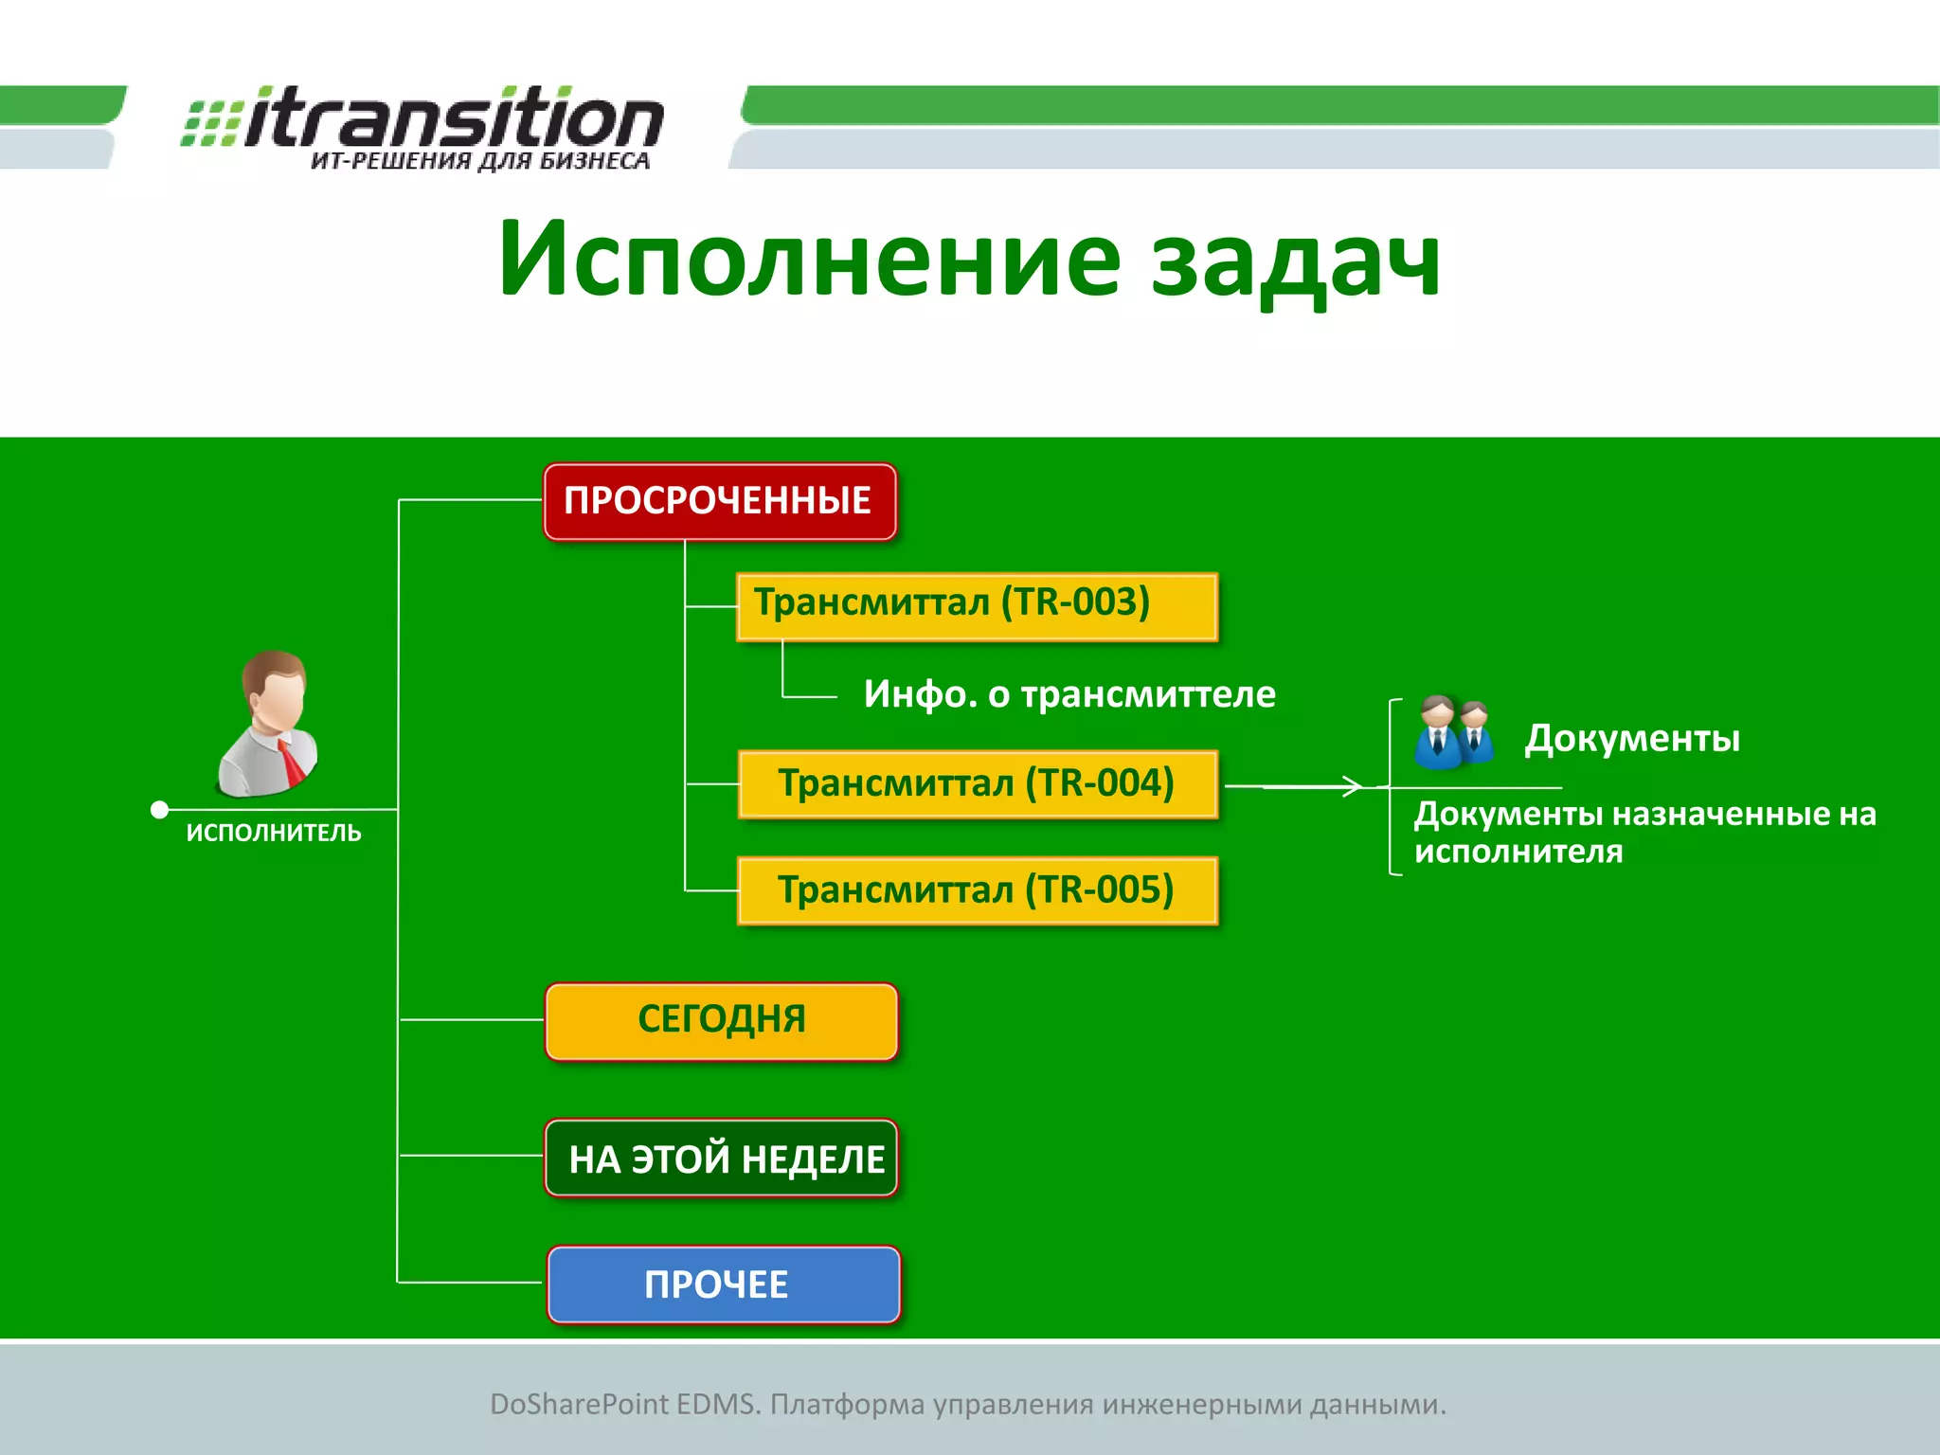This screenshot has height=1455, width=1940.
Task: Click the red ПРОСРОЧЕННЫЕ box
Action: click(x=719, y=501)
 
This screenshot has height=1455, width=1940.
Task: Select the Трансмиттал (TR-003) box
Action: click(x=977, y=606)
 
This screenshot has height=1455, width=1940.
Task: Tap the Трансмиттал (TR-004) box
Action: click(x=977, y=783)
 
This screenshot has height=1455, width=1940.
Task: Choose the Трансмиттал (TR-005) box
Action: click(x=977, y=890)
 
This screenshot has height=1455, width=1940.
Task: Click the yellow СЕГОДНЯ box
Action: click(x=721, y=1020)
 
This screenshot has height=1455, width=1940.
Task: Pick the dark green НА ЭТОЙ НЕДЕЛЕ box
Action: click(x=721, y=1158)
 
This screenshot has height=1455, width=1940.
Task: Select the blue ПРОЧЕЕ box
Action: click(x=723, y=1284)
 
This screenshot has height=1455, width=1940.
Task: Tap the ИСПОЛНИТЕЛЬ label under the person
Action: click(x=274, y=833)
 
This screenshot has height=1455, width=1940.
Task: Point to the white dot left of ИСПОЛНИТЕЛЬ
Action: click(x=160, y=809)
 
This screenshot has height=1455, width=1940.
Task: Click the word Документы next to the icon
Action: click(x=1631, y=738)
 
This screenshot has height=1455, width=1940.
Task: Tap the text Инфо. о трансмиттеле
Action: click(x=1069, y=694)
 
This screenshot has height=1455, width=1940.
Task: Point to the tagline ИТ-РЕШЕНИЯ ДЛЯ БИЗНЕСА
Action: click(x=480, y=161)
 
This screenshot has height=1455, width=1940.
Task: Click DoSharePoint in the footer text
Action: click(x=579, y=1404)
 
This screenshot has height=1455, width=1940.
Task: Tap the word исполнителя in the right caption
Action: click(x=1518, y=851)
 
